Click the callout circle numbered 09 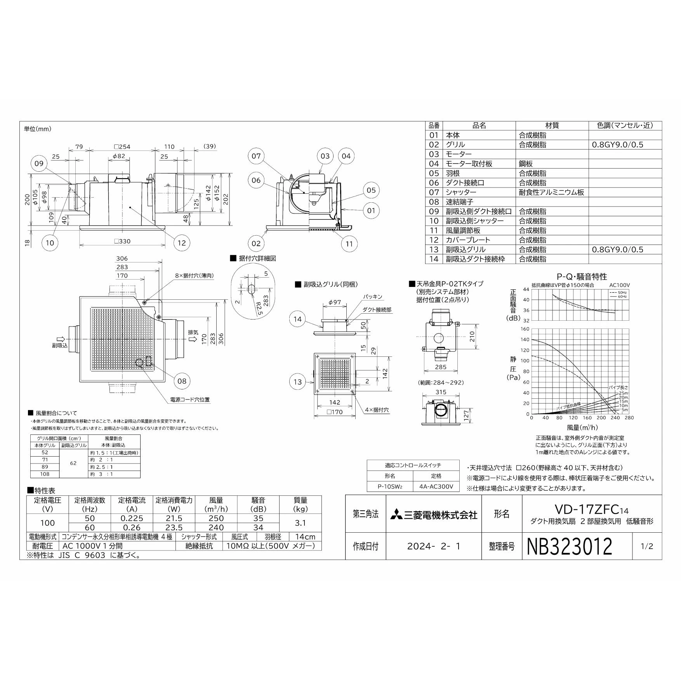[39, 163]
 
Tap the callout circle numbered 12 [182, 243]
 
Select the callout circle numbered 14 [297, 319]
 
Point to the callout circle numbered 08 [182, 381]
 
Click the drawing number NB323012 [570, 547]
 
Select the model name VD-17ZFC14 [591, 509]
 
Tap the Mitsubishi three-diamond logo [397, 515]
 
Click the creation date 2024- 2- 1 [434, 546]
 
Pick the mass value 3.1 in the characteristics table [301, 523]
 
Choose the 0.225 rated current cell [132, 518]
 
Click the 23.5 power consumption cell [174, 528]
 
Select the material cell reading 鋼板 [526, 164]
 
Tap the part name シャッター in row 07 [461, 192]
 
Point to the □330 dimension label [122, 241]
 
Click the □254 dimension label [122, 147]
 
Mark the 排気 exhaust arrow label [193, 333]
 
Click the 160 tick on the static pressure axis [525, 329]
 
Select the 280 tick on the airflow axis [629, 418]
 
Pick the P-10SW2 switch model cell [390, 486]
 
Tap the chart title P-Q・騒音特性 [582, 276]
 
